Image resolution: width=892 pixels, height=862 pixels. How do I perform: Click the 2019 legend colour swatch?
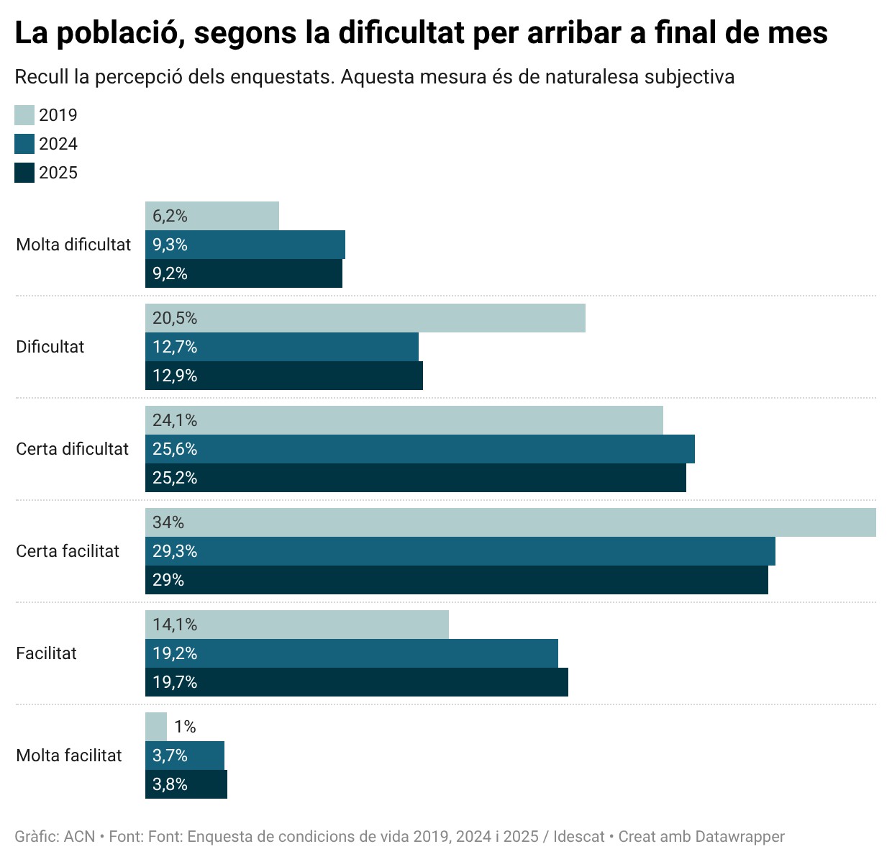[24, 115]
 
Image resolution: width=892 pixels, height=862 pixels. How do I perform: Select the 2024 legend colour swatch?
[24, 144]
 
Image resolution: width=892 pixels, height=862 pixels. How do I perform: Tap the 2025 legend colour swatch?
[24, 173]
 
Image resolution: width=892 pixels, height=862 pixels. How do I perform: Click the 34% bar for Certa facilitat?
[511, 522]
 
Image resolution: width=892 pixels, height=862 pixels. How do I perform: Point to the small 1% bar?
[156, 727]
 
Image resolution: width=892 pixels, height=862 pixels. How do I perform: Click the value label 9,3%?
[170, 245]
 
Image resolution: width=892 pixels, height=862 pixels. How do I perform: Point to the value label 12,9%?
[175, 376]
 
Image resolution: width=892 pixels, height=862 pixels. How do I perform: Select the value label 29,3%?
[175, 551]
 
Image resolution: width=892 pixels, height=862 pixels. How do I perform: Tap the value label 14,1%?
[175, 625]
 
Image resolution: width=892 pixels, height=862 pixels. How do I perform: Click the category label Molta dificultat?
[73, 245]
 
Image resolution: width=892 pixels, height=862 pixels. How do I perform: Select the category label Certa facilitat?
[68, 551]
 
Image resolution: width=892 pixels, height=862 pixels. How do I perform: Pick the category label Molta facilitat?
[69, 756]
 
